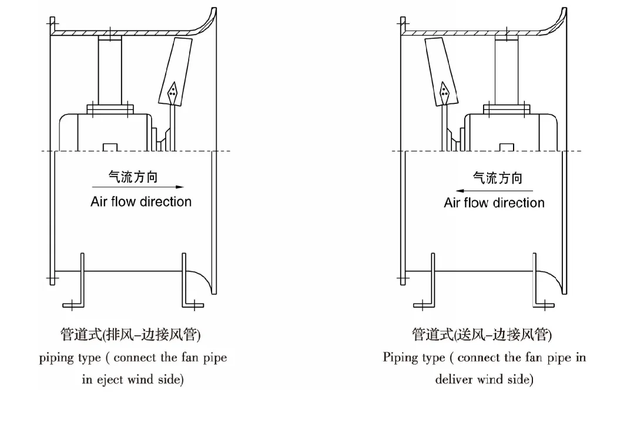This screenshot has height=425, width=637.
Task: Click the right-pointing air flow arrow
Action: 138,187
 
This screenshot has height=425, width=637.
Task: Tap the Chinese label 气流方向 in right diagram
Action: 498,177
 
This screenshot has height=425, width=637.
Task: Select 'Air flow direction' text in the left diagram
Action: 141,202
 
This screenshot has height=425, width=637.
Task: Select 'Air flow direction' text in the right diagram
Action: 494,203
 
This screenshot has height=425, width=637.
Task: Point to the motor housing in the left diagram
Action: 106,132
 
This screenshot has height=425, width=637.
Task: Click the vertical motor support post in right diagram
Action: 507,72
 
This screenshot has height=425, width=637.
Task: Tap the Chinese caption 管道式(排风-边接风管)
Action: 130,335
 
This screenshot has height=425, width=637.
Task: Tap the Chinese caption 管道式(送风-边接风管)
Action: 482,335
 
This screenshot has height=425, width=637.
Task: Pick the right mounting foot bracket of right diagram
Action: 544,294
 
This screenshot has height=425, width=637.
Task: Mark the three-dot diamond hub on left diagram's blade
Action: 172,91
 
